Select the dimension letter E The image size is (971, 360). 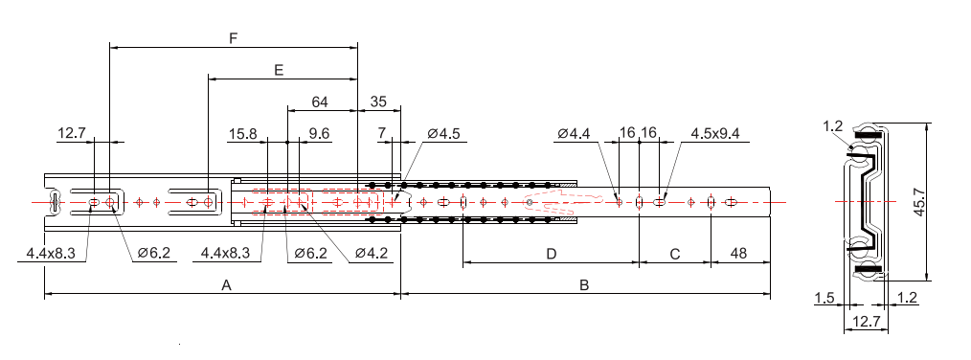coord(279,70)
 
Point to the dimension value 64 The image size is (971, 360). coord(320,101)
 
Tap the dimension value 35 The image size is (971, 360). coord(378,101)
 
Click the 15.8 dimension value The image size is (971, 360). coord(242,134)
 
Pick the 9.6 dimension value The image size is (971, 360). coord(319,134)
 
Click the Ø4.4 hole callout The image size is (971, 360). coord(574,134)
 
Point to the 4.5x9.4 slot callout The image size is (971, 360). coord(715,134)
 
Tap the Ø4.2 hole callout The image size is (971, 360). coord(372,254)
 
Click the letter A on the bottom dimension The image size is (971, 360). coord(226,285)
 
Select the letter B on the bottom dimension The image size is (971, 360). coord(584,285)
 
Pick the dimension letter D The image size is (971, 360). coord(551,254)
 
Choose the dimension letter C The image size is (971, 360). coord(675,254)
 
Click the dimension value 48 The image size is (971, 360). coord(739,254)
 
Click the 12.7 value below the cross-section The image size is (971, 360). coord(862,323)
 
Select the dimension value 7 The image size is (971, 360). coord(382,134)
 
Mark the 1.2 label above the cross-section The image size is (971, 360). coord(832,125)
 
